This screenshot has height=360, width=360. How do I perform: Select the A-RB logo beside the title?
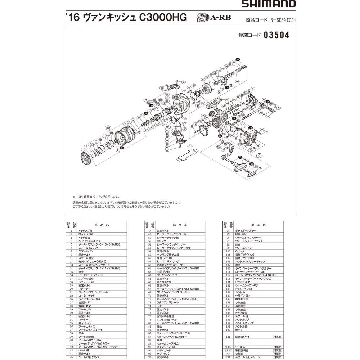[214, 18]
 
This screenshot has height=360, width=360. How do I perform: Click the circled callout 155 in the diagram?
[108, 127]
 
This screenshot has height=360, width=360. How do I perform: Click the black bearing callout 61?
[238, 59]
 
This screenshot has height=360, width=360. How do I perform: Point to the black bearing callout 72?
[251, 127]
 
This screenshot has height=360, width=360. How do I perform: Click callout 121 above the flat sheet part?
[190, 147]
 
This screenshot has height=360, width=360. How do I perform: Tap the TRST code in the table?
[226, 350]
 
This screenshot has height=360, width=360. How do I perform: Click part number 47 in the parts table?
[149, 230]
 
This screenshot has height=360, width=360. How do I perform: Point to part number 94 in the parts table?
[228, 230]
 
